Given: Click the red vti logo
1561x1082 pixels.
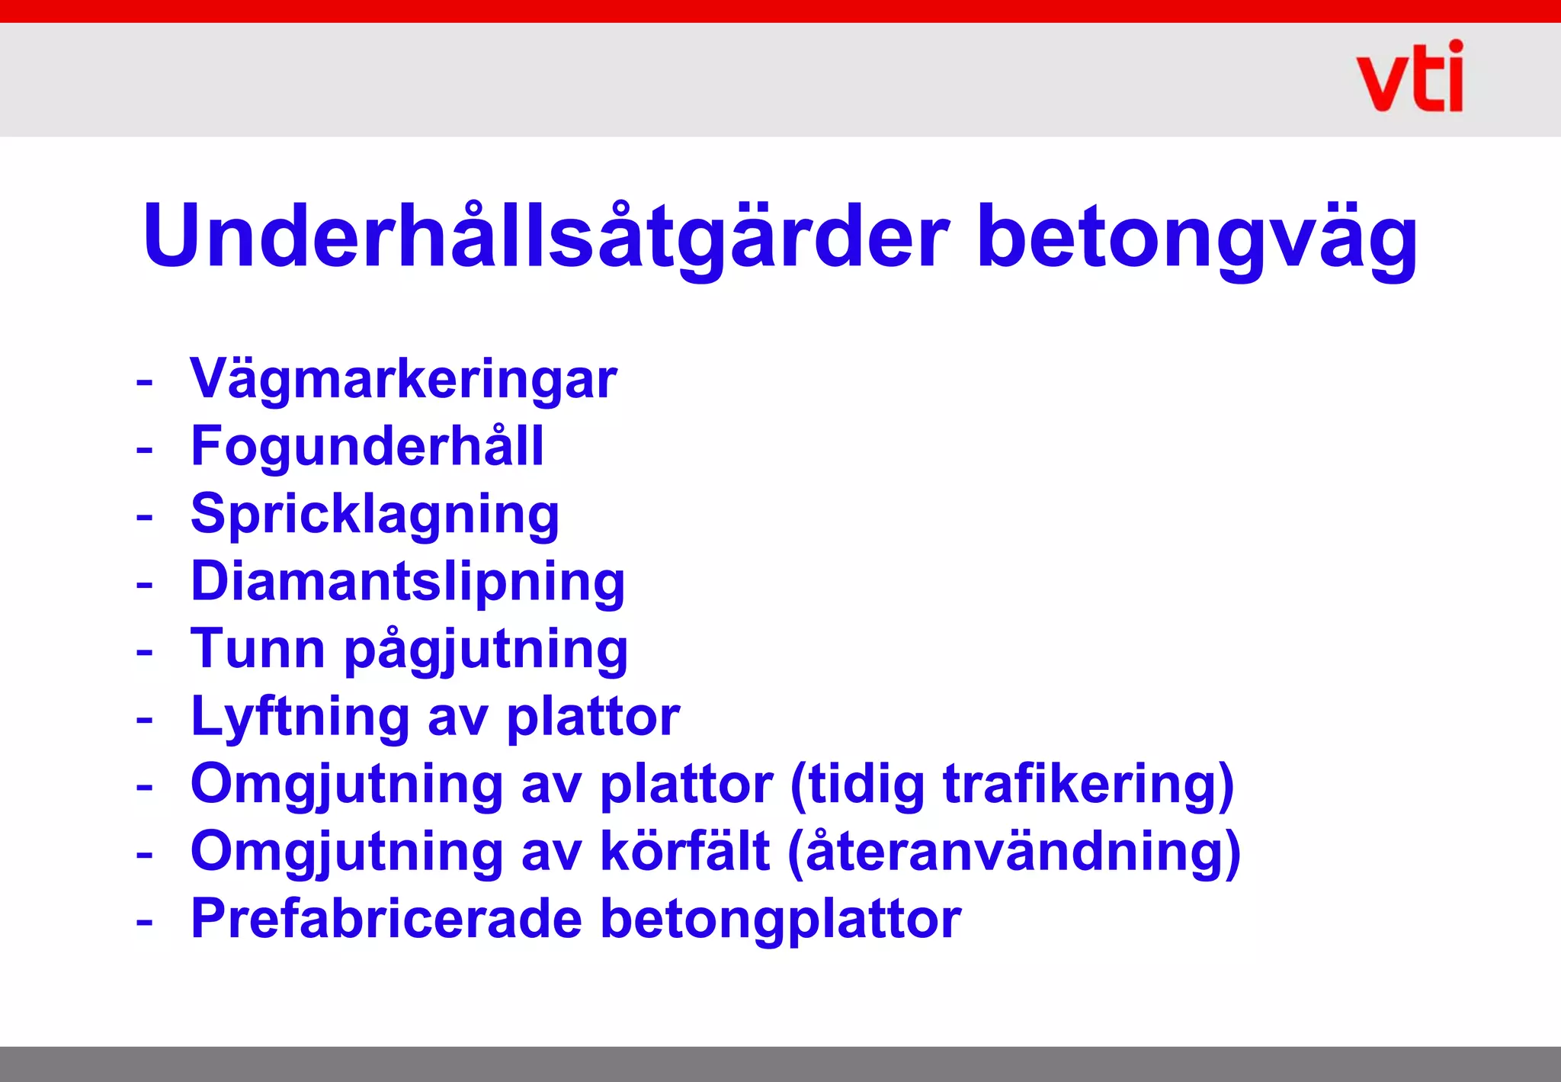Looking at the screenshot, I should coord(1409,78).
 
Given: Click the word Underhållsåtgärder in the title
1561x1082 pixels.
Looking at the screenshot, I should coord(546,236).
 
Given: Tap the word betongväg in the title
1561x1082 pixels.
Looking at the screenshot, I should coord(1197,236).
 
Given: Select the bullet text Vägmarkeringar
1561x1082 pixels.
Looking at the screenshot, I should coord(403,379).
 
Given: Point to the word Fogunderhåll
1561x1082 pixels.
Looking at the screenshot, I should coord(367,446).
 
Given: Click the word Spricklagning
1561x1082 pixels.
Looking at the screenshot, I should coord(375,514).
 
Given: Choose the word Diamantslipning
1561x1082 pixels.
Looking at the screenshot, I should coord(408,582).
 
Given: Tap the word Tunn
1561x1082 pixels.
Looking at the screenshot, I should coord(258,649).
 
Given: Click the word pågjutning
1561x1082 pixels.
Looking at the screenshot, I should coord(486,650).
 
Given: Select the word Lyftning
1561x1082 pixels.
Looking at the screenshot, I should coord(300,717).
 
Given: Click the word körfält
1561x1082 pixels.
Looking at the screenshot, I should coord(685,851).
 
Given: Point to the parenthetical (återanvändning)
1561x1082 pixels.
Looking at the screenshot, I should coord(1014,852).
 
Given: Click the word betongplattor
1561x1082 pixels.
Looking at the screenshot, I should coord(780,920).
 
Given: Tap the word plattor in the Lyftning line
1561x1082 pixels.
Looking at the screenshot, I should coord(593,718).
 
